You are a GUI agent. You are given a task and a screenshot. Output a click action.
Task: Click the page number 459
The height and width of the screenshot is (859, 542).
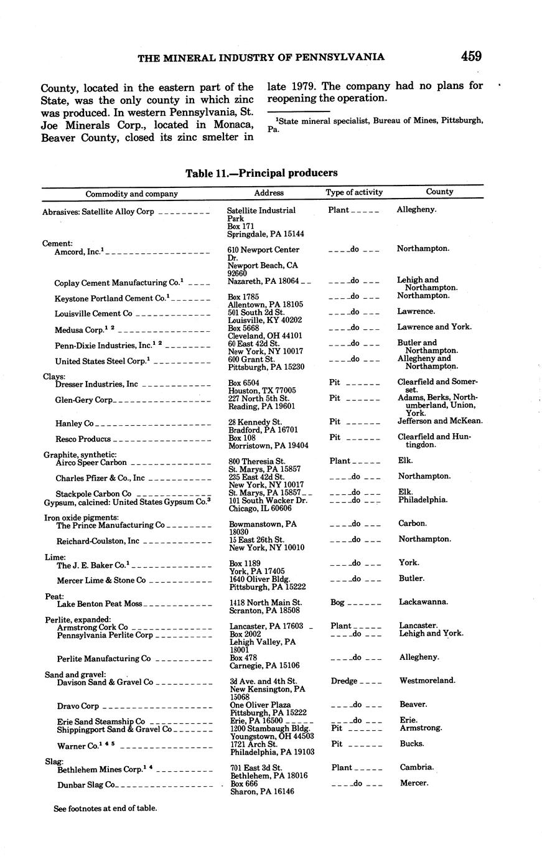coord(471,56)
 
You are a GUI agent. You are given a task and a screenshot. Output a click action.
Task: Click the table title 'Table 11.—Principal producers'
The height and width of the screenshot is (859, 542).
coord(261,173)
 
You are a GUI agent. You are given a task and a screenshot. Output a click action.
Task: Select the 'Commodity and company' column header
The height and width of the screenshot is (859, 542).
coord(131,194)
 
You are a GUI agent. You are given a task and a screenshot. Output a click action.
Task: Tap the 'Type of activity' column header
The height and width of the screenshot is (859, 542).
coord(354,192)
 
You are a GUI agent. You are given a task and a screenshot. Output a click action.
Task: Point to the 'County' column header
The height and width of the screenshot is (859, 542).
coord(439,192)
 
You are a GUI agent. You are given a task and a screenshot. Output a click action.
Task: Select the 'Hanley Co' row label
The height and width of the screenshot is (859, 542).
coord(75,424)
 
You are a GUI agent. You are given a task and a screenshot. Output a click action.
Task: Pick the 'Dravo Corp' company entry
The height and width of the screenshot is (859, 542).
coord(78,706)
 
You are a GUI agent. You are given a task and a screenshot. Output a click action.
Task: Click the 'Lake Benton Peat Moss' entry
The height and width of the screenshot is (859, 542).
coord(100,604)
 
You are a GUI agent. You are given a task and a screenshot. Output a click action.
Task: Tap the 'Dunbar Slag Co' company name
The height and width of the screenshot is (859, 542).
coord(86,785)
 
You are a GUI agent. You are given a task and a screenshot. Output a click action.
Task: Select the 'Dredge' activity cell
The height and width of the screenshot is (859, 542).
coord(343,681)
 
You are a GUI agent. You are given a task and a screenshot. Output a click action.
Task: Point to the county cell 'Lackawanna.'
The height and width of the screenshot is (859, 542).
coord(424,602)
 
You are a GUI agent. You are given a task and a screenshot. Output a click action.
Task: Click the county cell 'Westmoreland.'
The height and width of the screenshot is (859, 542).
coord(426,681)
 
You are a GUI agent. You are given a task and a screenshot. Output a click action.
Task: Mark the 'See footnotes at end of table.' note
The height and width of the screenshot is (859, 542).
coord(105,809)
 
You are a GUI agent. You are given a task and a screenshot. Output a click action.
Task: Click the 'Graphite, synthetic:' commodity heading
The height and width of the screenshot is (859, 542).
coord(80,455)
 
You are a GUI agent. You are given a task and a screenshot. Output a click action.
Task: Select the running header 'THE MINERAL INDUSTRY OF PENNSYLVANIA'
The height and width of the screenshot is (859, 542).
coord(261,57)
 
